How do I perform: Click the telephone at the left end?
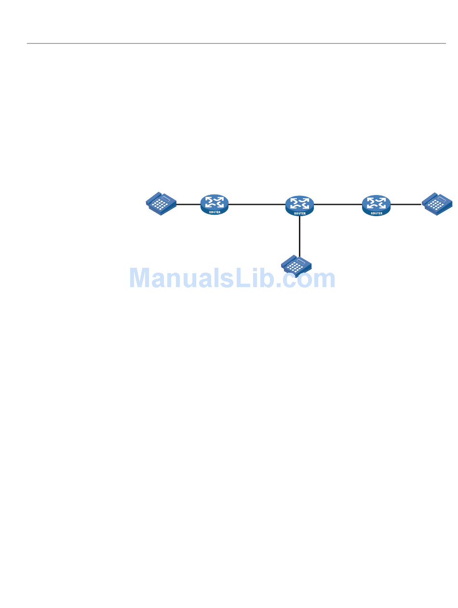click(162, 203)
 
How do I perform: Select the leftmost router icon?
click(214, 204)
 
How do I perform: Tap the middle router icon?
click(299, 205)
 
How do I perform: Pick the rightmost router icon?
click(377, 205)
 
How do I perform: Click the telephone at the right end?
click(437, 203)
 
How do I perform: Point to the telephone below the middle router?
click(296, 265)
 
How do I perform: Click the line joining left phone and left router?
click(189, 204)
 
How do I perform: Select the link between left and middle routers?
click(256, 204)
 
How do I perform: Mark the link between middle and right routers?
click(338, 204)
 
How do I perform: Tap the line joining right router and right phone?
click(406, 204)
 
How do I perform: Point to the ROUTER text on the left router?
click(215, 212)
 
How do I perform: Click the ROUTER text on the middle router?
click(300, 213)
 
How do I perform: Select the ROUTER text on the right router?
click(377, 212)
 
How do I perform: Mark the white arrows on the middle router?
click(299, 202)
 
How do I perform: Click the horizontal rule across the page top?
click(236, 43)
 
